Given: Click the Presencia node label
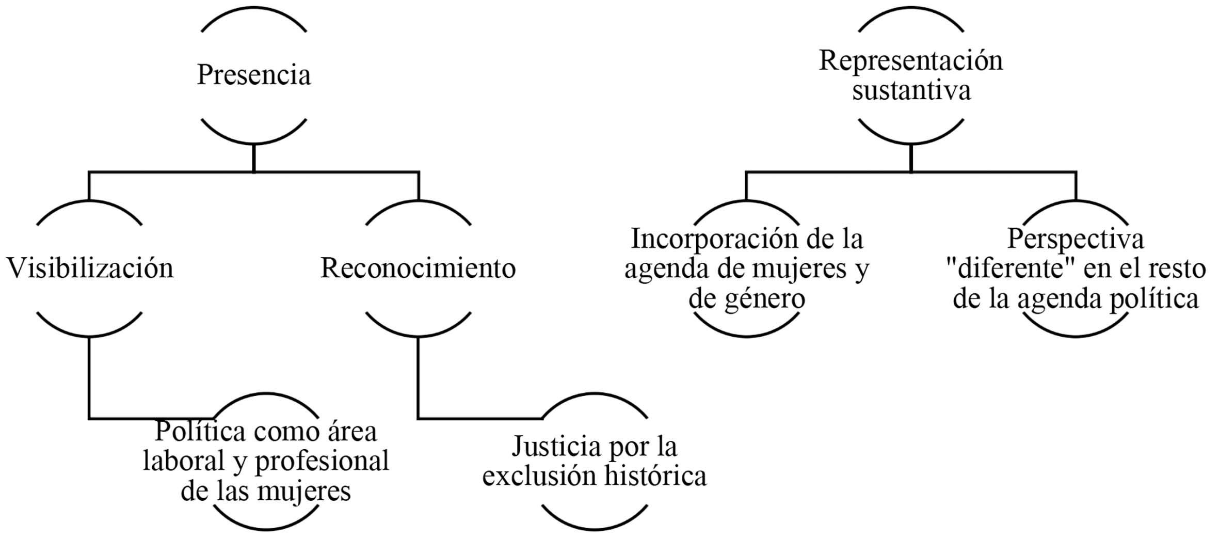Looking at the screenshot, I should (x=254, y=75).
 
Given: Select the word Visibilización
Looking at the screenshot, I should (x=90, y=268).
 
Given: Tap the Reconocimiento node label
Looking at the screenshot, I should (x=418, y=268).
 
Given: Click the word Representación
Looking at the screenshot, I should (x=911, y=61).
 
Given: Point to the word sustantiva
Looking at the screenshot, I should (x=911, y=91).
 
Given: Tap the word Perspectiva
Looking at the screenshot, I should (x=1076, y=239).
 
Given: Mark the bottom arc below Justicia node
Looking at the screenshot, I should (x=595, y=528).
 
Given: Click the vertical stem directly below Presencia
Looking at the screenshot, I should (x=254, y=157).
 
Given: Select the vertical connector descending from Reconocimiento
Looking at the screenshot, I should (x=418, y=377).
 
